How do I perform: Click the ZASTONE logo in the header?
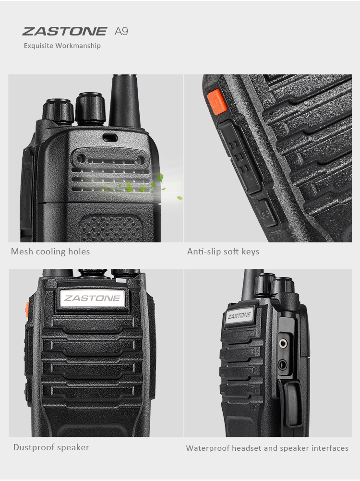click(64, 32)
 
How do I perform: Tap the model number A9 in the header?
click(121, 32)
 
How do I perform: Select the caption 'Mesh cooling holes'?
click(50, 252)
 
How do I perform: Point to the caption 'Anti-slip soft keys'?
click(223, 252)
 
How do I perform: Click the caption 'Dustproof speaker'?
click(51, 447)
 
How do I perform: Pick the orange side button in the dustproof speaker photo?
click(27, 310)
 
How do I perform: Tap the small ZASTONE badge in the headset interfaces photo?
click(239, 315)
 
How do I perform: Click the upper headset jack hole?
click(284, 343)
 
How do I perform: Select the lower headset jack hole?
click(283, 365)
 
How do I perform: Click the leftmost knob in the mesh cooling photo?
click(57, 110)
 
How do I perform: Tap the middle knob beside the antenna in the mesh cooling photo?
click(89, 108)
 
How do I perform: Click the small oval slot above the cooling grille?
click(109, 137)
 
